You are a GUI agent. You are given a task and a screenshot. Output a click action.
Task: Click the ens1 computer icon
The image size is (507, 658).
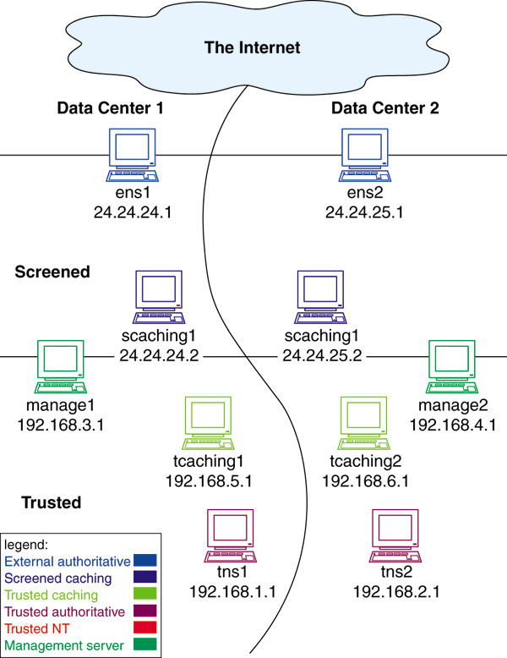click(x=134, y=156)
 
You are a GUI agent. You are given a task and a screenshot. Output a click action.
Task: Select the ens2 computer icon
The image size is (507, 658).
click(x=364, y=156)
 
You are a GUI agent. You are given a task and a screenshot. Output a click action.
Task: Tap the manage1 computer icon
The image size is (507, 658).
click(x=61, y=368)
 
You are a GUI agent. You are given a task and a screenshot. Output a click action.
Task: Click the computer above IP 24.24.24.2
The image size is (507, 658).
click(x=159, y=298)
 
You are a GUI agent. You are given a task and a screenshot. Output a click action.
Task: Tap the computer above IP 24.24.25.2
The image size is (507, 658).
click(x=321, y=298)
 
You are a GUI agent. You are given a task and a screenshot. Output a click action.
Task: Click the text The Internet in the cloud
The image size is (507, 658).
click(x=252, y=47)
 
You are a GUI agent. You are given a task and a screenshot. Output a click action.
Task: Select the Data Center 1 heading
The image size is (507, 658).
click(x=110, y=108)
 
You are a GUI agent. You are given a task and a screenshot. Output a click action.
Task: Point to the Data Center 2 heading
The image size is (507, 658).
click(x=384, y=108)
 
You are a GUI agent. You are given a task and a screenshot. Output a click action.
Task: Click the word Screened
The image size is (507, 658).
click(x=52, y=272)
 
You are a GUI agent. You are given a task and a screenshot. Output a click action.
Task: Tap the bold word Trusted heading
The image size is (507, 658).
click(x=51, y=503)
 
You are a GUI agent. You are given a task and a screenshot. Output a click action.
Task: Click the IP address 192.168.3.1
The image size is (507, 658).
click(x=60, y=424)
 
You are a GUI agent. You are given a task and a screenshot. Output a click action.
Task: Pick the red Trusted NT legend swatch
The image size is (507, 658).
click(x=145, y=628)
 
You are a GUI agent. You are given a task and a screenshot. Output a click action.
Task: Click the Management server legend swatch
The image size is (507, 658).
click(x=145, y=646)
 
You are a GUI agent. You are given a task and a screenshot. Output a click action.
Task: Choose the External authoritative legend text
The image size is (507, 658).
click(x=68, y=560)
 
